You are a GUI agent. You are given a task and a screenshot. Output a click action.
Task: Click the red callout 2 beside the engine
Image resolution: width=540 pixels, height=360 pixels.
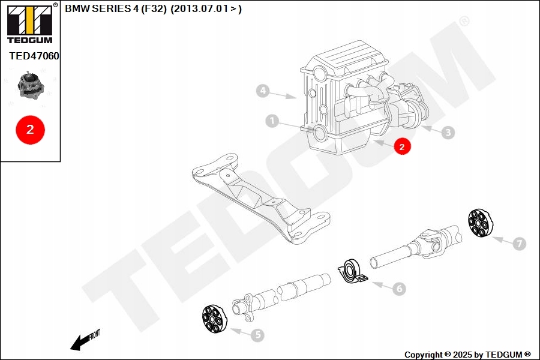pos(402,146)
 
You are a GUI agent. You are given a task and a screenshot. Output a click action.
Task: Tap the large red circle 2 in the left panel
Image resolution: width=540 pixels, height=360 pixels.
pos(30,129)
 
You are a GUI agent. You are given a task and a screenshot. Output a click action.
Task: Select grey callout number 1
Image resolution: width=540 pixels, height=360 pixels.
pos(272,122)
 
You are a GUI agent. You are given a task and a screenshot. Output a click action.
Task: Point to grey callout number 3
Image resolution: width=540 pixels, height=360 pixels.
pos(448,133)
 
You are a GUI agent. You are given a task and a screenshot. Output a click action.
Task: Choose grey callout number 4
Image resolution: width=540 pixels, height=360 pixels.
pos(262,91)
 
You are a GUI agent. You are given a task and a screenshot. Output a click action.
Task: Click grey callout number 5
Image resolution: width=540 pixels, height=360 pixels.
pos(257,335)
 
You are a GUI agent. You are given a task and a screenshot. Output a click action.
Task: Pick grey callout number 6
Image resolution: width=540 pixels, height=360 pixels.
pos(398,289)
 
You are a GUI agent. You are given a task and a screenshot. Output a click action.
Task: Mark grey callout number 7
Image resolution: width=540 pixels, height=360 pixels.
pos(520,244)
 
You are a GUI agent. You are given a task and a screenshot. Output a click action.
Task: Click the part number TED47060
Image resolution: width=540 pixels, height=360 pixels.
pos(34,56)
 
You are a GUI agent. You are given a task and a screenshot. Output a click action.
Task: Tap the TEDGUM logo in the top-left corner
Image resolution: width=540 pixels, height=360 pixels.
pos(29,24)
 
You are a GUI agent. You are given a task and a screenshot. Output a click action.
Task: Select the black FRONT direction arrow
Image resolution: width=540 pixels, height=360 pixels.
pos(81,341)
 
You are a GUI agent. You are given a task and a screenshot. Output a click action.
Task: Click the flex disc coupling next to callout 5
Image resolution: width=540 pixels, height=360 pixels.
pos(215,319)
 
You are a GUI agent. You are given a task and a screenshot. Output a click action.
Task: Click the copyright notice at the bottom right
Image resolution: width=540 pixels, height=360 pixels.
pos(467,355)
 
